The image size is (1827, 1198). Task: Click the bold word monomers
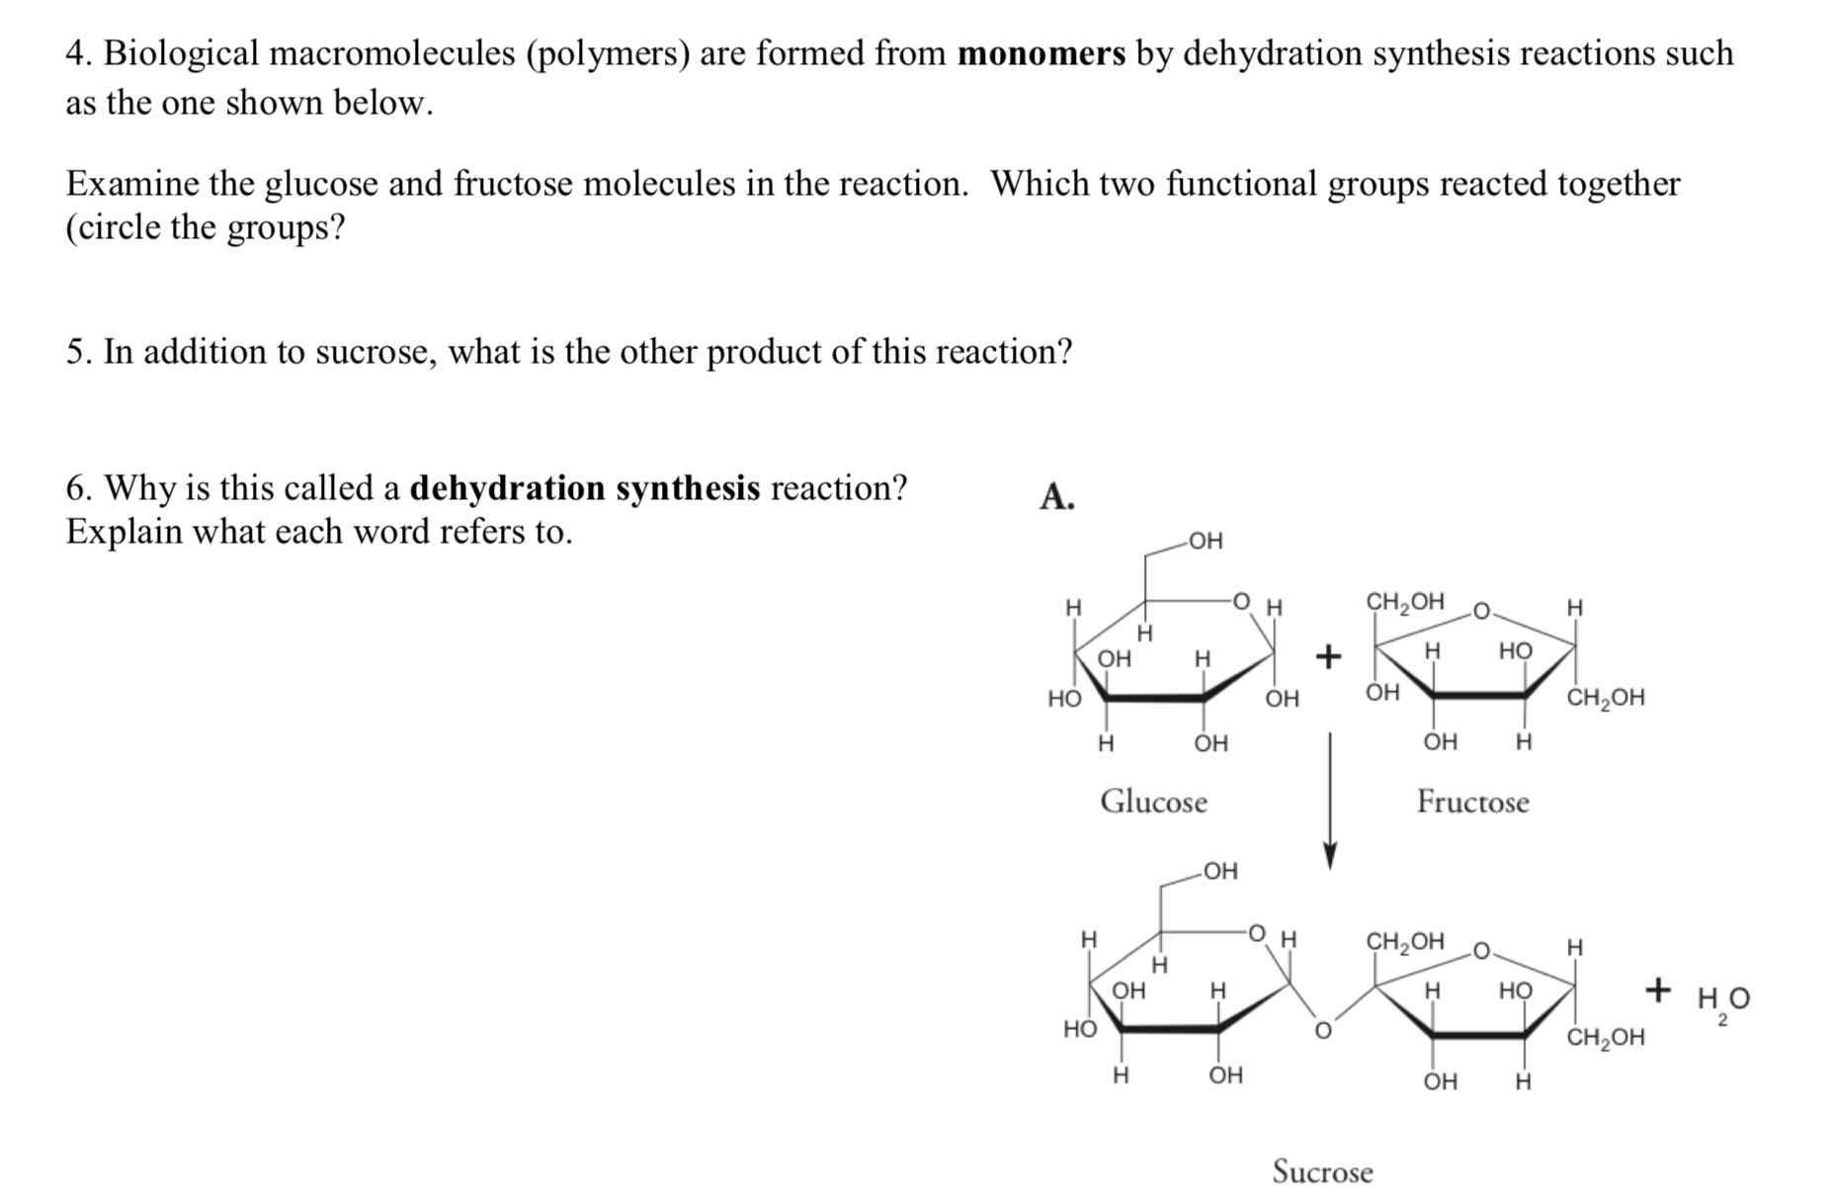pos(1041,53)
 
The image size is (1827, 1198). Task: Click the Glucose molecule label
pos(1153,801)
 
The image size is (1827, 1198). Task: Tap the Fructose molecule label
pos(1472,801)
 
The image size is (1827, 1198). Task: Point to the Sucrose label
pos(1322,1171)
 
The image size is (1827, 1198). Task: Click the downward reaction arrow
pos(1330,801)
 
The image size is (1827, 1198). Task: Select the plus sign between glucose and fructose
pos(1329,655)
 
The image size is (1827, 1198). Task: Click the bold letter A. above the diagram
pos(1056,496)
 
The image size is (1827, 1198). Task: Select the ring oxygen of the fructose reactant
pos(1481,612)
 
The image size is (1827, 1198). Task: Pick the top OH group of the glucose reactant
pos(1205,541)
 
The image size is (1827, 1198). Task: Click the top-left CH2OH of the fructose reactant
pos(1404,601)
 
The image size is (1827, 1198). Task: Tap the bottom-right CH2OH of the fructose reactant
pos(1606,698)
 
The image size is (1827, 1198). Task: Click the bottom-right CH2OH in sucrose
pos(1606,1038)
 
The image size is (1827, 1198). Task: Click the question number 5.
pos(78,352)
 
